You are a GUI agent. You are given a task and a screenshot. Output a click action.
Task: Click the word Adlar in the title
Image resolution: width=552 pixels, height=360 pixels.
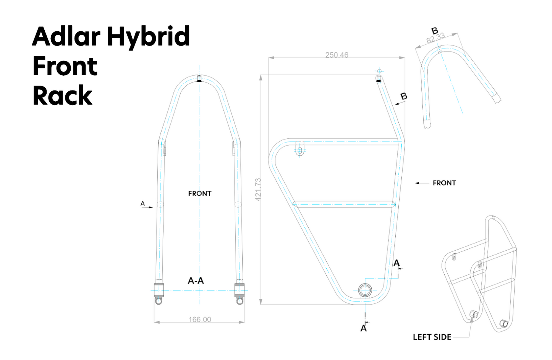click(66, 37)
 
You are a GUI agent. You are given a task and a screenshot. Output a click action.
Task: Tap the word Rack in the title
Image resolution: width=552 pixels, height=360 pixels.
click(62, 96)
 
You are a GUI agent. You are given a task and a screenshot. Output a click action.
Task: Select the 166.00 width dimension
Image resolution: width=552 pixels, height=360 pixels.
click(199, 319)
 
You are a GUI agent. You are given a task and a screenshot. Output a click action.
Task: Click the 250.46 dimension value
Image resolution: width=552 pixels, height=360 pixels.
click(337, 55)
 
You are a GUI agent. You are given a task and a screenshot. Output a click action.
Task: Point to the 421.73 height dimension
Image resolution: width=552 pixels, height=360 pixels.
click(258, 190)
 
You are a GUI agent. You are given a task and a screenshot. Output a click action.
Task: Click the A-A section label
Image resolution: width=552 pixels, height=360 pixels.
click(196, 281)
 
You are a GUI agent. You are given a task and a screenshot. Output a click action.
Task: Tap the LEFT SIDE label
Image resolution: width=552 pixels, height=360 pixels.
click(432, 337)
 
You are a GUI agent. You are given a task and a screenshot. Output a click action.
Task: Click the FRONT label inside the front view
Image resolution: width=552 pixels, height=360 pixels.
click(199, 193)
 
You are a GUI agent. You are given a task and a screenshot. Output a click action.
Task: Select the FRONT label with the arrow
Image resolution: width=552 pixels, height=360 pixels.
click(444, 183)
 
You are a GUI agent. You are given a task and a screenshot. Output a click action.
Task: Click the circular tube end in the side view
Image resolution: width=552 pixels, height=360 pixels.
click(365, 290)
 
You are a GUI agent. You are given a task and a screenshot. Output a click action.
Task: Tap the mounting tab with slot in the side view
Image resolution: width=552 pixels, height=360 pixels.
click(300, 149)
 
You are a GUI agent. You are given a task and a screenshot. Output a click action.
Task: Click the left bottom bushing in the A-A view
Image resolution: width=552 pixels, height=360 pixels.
click(159, 290)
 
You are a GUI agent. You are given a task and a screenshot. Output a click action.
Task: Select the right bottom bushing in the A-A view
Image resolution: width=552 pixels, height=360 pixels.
click(240, 290)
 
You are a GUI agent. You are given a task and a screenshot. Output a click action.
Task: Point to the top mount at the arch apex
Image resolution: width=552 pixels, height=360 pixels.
click(199, 79)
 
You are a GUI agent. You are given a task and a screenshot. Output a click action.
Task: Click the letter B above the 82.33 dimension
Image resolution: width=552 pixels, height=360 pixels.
click(434, 31)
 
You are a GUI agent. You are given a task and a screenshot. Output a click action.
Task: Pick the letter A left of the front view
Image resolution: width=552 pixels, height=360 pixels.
click(142, 203)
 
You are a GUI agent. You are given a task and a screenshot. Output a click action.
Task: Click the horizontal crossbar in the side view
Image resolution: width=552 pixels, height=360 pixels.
click(344, 204)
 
